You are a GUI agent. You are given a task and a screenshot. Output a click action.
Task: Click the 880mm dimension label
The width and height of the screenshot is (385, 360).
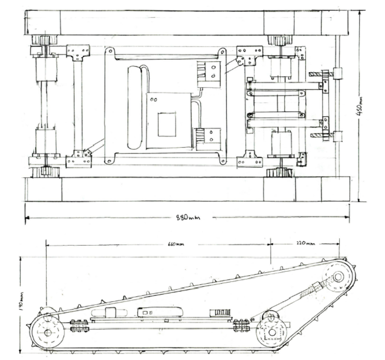(188, 217)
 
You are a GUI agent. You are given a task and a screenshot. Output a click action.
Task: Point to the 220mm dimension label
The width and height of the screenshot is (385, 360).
(305, 243)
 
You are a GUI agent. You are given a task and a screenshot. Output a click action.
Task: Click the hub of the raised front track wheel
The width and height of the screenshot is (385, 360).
(338, 277)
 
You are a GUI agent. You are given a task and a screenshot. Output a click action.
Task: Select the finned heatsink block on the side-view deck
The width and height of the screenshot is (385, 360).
(220, 313)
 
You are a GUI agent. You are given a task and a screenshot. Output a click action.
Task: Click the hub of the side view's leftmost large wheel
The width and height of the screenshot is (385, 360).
(47, 332)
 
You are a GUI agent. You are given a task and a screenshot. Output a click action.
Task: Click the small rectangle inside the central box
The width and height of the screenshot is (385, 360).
(167, 124)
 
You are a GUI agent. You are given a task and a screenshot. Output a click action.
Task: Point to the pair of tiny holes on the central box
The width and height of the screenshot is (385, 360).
(153, 100)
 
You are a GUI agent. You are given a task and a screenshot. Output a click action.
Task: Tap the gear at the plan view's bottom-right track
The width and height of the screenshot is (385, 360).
(279, 173)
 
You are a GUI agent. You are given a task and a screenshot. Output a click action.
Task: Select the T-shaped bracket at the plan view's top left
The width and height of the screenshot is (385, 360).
(78, 52)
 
